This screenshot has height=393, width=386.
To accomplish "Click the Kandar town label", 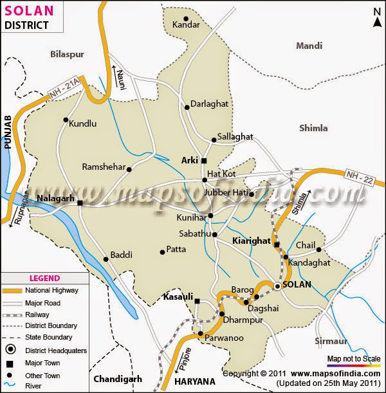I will click(x=187, y=24).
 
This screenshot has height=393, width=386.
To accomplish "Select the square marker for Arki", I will click(x=204, y=161).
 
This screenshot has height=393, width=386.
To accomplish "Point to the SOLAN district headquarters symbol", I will click(x=278, y=286).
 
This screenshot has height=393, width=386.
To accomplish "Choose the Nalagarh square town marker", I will click(x=80, y=203).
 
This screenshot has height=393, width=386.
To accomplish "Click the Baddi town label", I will click(x=121, y=255).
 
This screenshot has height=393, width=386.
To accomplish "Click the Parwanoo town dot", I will click(x=201, y=334).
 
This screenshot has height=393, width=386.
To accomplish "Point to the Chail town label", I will click(x=306, y=245).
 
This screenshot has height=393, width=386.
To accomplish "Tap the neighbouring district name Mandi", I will click(x=309, y=46).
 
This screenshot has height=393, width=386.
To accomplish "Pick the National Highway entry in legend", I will click(x=52, y=291).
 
